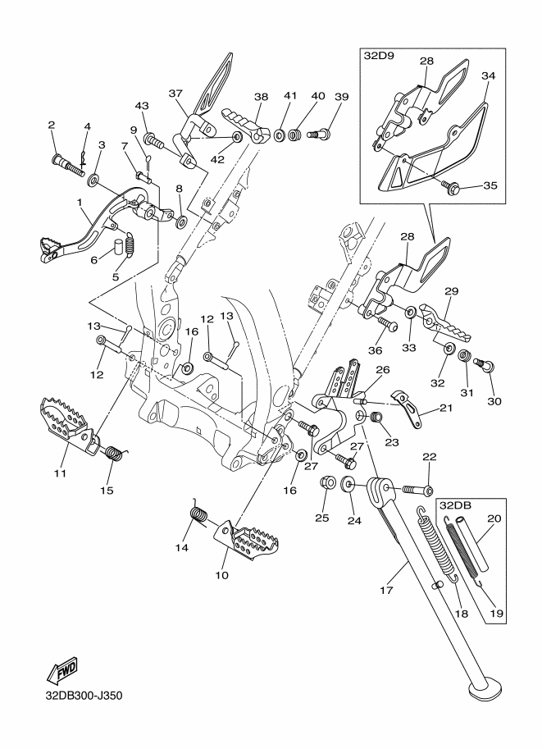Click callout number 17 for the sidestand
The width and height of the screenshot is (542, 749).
[x=386, y=590]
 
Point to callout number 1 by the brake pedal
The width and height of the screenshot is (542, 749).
[x=80, y=202]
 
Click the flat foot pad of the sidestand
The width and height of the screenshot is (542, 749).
[x=485, y=690]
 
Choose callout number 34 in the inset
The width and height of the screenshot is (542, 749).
[x=488, y=75]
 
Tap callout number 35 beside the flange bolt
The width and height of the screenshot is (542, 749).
[x=490, y=185]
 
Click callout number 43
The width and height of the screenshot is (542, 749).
[x=142, y=106]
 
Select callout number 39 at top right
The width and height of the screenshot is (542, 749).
[x=341, y=97]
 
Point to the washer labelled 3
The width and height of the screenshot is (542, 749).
[x=93, y=180]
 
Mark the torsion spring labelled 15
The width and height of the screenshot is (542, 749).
[x=115, y=452]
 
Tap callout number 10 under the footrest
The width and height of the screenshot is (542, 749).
[x=221, y=575]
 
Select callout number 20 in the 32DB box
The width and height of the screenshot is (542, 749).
[x=494, y=518]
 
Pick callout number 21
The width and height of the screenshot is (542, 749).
[x=445, y=408]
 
